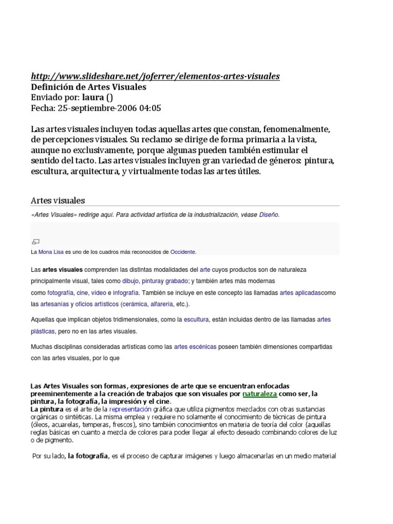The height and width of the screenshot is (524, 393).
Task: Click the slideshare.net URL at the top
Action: click(156, 76)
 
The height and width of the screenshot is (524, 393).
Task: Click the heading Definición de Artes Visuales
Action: click(89, 87)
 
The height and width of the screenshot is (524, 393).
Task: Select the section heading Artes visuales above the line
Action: click(58, 200)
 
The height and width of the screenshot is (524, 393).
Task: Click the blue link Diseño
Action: click(269, 215)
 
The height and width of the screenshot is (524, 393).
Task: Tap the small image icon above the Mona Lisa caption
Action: click(36, 242)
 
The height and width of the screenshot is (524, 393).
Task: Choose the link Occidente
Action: click(183, 252)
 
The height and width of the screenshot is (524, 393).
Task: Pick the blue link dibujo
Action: click(130, 281)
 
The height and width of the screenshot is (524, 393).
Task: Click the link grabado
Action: click(177, 281)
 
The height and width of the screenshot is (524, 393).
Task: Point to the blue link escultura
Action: click(196, 320)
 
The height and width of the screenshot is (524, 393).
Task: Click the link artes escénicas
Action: click(195, 347)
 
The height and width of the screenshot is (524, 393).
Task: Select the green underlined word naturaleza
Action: click(259, 394)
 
